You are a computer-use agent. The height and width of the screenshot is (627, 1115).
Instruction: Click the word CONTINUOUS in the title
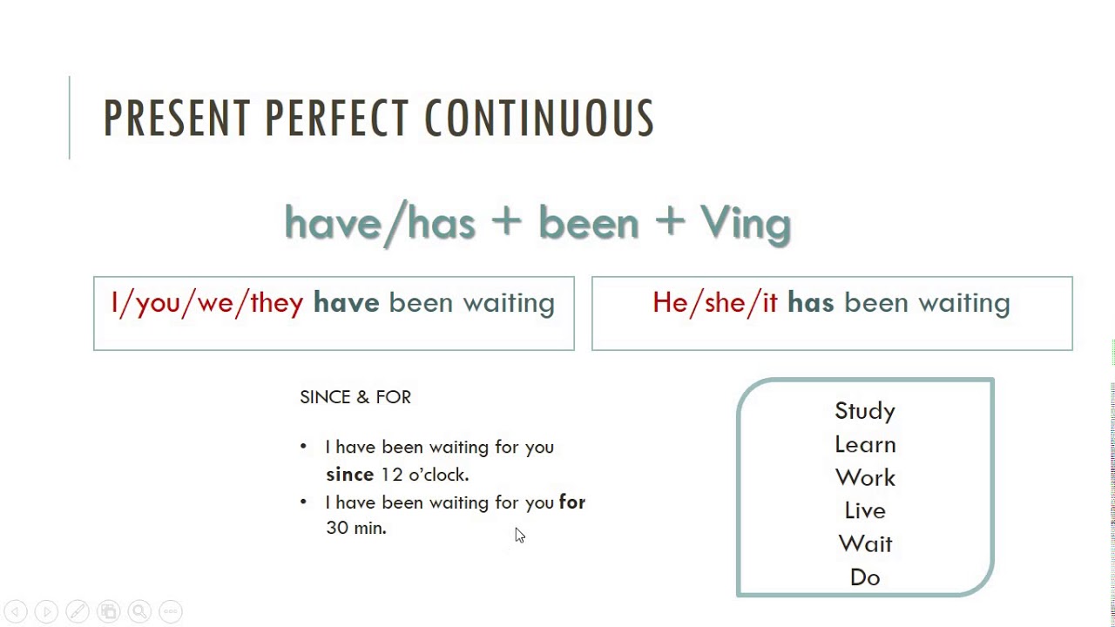(539, 118)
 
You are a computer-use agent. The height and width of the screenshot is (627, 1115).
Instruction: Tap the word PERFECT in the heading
(337, 118)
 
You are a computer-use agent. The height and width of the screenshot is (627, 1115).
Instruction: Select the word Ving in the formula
(745, 224)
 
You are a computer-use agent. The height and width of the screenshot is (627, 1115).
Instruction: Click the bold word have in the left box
(347, 302)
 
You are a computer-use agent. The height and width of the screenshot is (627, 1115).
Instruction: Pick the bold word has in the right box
(810, 302)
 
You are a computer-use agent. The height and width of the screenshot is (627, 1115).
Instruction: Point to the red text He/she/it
(715, 302)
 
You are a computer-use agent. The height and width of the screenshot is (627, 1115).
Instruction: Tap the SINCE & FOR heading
(355, 397)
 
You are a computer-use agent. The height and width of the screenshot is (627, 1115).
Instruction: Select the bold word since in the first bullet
(350, 475)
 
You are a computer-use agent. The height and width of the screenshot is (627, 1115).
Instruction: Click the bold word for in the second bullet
(572, 502)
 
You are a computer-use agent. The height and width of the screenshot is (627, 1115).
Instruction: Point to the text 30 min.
(356, 528)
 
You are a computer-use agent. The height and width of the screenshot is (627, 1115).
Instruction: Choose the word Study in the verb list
(865, 411)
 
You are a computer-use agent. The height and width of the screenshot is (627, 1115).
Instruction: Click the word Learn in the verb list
(865, 444)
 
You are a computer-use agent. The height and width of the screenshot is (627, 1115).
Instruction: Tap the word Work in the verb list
(865, 478)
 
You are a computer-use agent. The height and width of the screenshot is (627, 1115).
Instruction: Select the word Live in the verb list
(865, 510)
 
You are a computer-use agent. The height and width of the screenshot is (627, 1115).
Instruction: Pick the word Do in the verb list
(865, 577)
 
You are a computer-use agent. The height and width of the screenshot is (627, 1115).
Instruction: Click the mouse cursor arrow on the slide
(520, 536)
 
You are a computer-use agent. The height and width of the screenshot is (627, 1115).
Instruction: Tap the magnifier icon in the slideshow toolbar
(140, 611)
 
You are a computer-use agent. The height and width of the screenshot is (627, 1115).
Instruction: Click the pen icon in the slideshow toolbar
(78, 611)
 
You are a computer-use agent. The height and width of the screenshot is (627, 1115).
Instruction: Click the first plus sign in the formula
(506, 221)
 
